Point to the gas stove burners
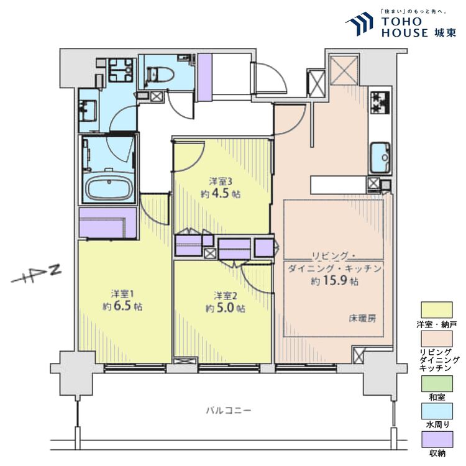pyautogui.click(x=379, y=104)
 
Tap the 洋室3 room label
pyautogui.click(x=221, y=181)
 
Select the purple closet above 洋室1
pyautogui.click(x=108, y=223)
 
